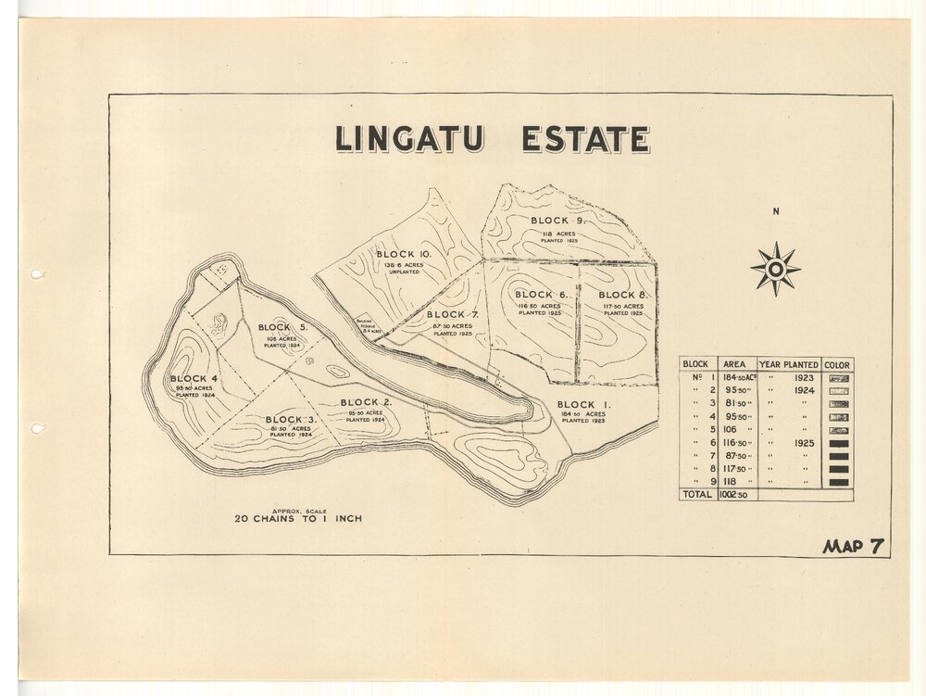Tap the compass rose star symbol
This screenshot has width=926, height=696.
coord(775,269)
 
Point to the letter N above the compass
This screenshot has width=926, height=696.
coord(775,211)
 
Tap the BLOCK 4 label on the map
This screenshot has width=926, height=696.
coord(194,379)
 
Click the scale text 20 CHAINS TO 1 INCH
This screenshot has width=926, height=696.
coord(298,519)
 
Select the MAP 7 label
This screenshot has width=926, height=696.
coord(853,546)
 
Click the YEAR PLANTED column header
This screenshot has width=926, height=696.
coord(788,364)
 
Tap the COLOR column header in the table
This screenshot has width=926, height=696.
coord(836,364)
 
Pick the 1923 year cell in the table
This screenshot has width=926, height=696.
coord(803,378)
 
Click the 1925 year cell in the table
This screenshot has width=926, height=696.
coord(803,443)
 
